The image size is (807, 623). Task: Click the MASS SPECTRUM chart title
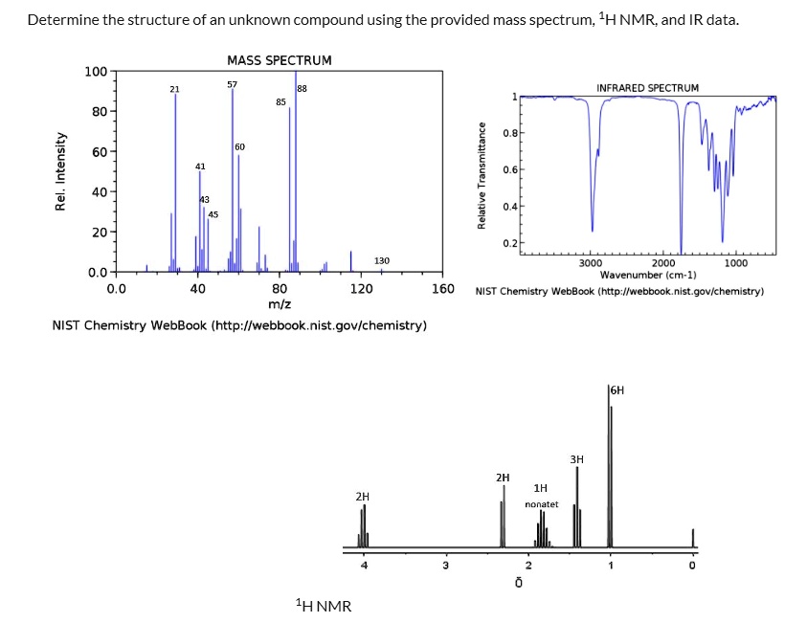[280, 60]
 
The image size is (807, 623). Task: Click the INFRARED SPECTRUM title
[647, 87]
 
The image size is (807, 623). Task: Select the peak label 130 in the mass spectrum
[381, 260]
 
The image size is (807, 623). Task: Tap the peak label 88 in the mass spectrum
[303, 89]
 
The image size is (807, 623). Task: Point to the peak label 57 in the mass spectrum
[232, 85]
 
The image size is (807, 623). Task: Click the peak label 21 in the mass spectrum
[174, 89]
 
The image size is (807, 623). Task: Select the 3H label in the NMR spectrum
[576, 459]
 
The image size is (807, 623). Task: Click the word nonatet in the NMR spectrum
[541, 503]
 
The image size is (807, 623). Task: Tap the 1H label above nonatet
[541, 488]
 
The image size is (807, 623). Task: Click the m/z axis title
[280, 303]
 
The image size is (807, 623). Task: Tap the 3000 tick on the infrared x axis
[591, 263]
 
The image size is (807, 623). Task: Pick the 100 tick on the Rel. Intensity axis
[95, 72]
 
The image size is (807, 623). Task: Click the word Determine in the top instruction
[61, 20]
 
